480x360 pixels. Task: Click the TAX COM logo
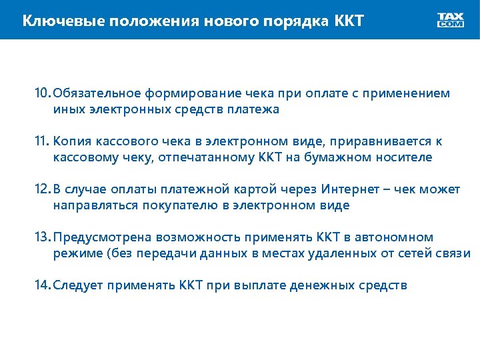pos(451,20)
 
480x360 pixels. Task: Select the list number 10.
pos(43,94)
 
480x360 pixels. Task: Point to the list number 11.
pos(43,141)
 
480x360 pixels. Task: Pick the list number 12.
pos(43,189)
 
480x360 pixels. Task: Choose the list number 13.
pos(43,237)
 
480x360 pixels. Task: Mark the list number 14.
pos(43,285)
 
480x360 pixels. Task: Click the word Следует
pos(77,285)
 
